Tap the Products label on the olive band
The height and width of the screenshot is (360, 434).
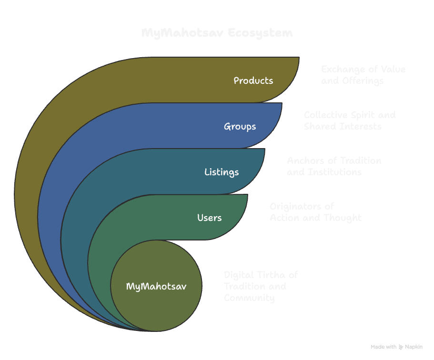click(253, 80)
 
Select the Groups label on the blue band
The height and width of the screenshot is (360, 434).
click(240, 126)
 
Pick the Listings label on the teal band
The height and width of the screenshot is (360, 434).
click(222, 172)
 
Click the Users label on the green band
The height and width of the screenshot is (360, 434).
click(209, 218)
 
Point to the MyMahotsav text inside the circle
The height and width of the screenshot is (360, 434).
click(156, 286)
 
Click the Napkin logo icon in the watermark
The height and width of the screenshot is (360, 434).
click(401, 347)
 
